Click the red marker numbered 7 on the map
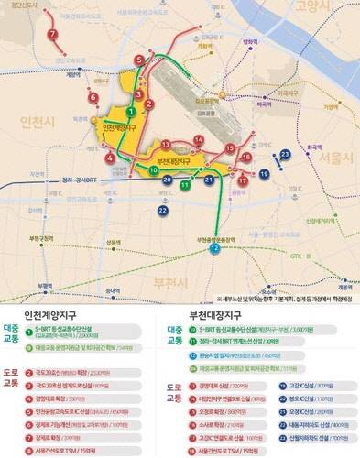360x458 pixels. pos(52,36)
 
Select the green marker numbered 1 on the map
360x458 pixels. pos(131,111)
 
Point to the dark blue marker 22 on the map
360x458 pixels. pos(162,211)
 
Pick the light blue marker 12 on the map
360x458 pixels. pos(213,247)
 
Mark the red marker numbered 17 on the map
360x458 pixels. pos(242,180)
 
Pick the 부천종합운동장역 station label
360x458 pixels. pos(219,237)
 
